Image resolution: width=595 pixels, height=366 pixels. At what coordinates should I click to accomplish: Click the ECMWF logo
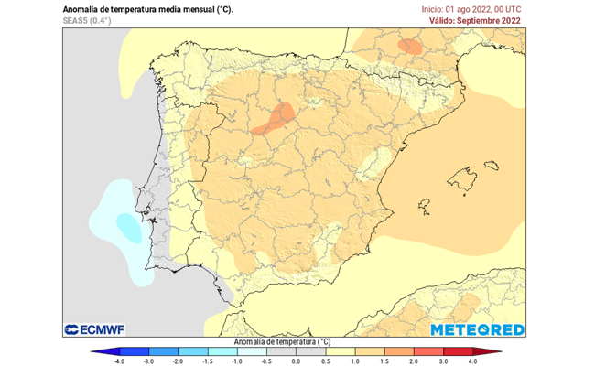point(94,329)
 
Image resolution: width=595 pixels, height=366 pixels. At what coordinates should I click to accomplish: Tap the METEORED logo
point(477,329)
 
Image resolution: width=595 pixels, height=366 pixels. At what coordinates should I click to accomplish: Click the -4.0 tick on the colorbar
point(119,361)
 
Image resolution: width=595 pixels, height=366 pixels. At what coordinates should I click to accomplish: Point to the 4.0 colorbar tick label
point(471,361)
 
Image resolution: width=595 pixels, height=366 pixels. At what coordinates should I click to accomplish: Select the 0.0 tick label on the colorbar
point(295,361)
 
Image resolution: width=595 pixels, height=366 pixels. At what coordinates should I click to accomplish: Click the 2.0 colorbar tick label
point(413,361)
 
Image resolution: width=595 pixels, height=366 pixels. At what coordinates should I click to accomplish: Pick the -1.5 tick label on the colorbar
point(207,361)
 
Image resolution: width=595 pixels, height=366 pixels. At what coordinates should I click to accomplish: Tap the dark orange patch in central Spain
point(274,119)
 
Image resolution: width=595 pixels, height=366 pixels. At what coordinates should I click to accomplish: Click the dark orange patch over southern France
point(408,45)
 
